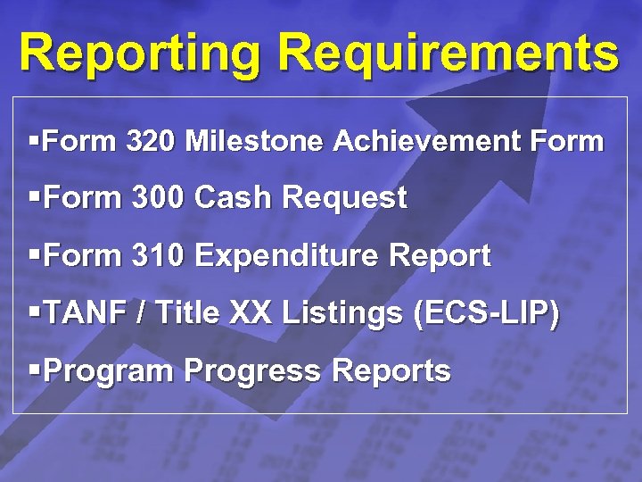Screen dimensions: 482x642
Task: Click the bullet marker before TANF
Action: tap(34, 314)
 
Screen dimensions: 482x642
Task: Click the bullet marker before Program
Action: tap(34, 370)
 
